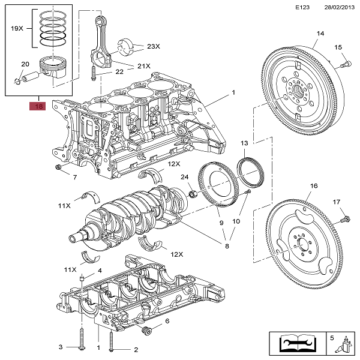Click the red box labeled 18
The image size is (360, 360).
coord(38,107)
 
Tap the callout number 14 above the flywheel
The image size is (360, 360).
coord(320,34)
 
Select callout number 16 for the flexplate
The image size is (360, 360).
coord(313,187)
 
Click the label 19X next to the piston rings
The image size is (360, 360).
coord(17,28)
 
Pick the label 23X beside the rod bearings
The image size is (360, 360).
coord(154,46)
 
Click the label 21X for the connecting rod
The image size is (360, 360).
coord(144,66)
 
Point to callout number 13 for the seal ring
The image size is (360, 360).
coord(244,143)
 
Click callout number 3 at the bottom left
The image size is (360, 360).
coord(60,347)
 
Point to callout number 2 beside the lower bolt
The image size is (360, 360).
coord(136,350)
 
